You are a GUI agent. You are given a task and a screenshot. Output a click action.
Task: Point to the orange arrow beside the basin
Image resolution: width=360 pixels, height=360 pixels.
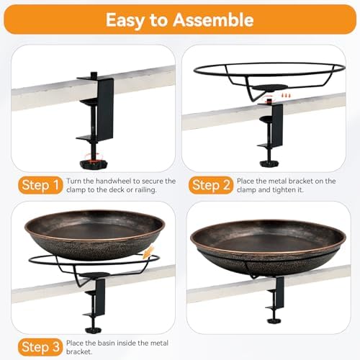[x=150, y=253]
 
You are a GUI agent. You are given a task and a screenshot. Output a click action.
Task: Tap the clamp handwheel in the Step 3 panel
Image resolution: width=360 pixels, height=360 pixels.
[x=94, y=314]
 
